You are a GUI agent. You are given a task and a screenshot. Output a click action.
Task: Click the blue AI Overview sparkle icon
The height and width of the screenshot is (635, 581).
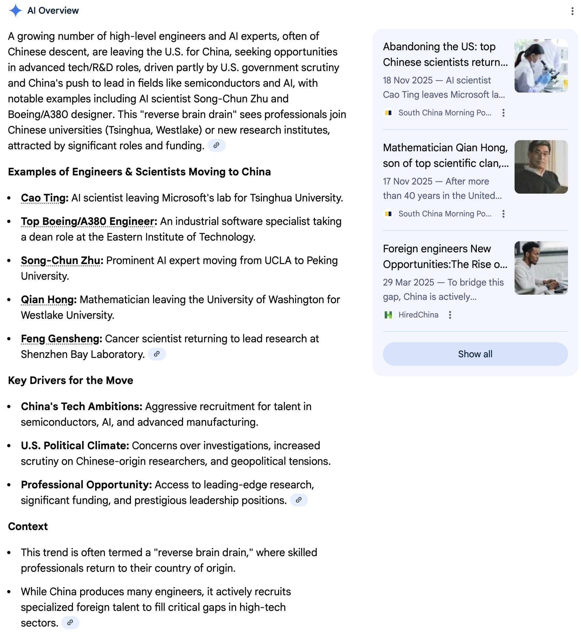click(15, 10)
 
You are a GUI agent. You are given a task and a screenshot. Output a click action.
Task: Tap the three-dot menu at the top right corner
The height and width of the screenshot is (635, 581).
click(572, 11)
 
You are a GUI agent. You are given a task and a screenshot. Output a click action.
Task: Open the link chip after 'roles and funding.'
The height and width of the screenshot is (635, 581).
click(216, 145)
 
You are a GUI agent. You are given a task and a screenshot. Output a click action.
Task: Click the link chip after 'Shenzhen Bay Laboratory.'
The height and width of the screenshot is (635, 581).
click(157, 354)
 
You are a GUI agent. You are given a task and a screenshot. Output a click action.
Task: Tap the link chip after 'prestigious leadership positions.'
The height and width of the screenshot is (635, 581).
click(299, 500)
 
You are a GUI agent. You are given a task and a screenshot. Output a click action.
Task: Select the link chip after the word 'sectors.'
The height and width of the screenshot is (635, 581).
click(70, 623)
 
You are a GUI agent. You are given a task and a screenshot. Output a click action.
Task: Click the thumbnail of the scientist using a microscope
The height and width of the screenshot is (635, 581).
click(541, 66)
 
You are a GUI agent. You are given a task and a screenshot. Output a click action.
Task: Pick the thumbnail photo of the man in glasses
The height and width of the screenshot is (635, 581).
click(541, 167)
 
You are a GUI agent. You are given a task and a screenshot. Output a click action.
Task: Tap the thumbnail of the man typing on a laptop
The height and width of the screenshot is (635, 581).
click(541, 268)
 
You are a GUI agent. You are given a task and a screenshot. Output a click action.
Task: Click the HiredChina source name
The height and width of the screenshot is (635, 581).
click(418, 315)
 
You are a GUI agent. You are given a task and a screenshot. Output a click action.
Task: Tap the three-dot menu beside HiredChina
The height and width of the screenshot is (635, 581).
click(450, 315)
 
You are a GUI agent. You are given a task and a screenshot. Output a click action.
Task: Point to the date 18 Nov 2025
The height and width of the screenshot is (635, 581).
click(408, 80)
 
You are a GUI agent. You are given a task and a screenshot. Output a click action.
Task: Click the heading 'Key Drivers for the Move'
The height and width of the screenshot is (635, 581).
click(71, 380)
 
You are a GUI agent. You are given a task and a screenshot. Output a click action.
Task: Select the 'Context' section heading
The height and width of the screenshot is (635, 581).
click(28, 526)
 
